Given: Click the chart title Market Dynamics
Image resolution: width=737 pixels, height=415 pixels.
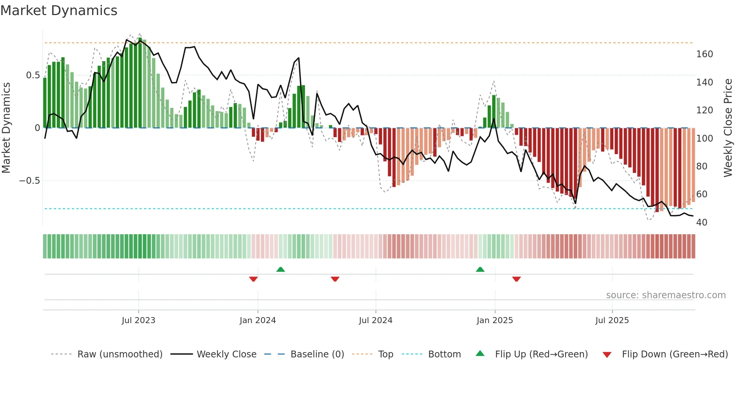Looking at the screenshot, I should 59,11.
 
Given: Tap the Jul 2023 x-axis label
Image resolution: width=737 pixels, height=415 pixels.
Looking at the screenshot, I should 138,320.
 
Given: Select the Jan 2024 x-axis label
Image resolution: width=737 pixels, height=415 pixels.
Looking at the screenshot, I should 258,320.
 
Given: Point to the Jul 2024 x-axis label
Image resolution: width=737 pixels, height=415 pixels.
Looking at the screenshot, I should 376,320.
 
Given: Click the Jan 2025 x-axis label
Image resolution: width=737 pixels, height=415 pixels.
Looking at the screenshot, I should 494,320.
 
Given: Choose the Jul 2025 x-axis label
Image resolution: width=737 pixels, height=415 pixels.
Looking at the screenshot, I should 612,320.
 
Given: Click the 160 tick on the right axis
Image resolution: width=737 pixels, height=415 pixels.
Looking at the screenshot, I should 704,54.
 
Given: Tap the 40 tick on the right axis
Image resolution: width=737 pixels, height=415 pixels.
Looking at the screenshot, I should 702,222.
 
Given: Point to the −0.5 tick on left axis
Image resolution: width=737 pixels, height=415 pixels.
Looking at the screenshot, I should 29,181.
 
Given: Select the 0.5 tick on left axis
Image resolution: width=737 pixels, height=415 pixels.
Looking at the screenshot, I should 33,75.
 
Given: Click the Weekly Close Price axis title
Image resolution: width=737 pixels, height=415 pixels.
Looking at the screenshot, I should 728,128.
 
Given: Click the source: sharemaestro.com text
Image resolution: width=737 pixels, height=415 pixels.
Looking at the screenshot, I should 666,295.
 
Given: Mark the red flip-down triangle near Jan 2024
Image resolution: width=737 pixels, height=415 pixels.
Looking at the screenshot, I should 253,279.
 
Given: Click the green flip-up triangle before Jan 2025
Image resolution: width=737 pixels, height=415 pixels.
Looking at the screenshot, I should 480,270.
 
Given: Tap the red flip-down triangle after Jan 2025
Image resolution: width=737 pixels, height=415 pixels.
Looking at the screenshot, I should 516,279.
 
